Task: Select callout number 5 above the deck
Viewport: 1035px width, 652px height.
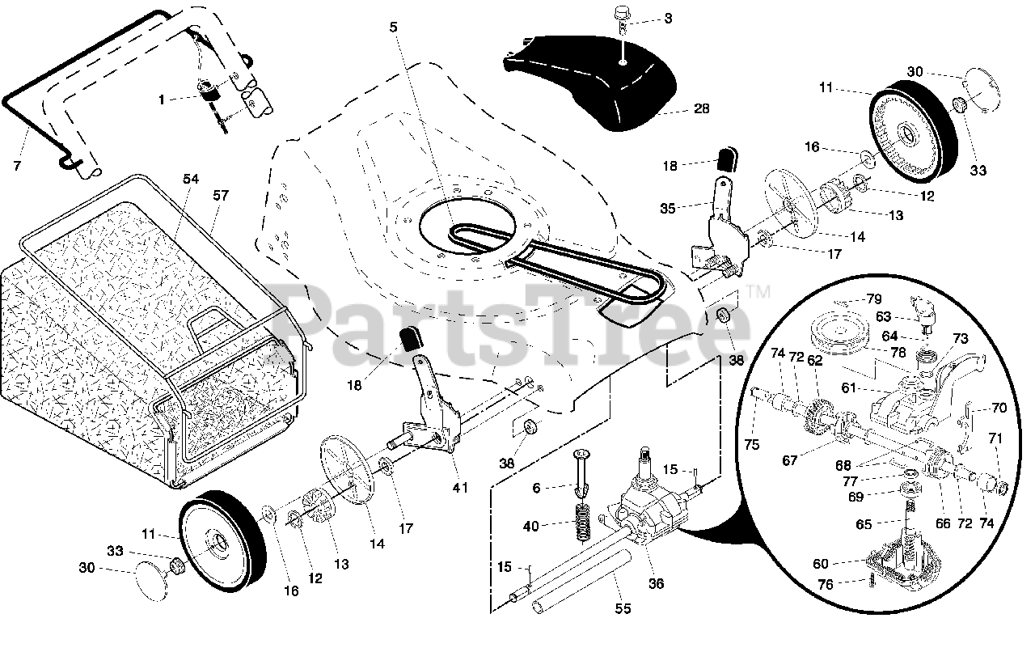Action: pos(394,26)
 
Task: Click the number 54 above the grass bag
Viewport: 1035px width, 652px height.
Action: pos(191,178)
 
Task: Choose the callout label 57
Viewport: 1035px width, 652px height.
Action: pos(221,195)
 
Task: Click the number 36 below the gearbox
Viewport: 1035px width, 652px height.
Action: pos(656,582)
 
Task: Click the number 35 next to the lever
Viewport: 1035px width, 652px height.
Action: pos(666,208)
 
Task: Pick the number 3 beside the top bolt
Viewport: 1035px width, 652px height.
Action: pos(667,18)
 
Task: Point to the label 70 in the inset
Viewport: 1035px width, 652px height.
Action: pos(999,409)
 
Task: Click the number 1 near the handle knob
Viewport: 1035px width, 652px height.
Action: pos(162,99)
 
